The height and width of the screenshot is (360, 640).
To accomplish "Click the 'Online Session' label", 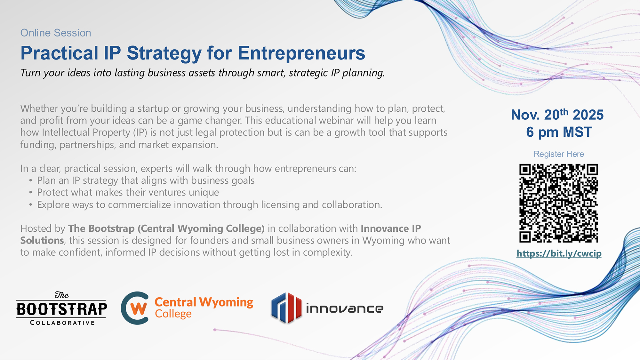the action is (x=56, y=33).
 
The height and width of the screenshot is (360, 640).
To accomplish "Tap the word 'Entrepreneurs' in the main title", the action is (x=301, y=53).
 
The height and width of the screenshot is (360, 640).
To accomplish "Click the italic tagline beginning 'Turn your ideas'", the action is (x=203, y=73).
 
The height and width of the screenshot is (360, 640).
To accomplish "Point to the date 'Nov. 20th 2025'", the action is (x=557, y=115).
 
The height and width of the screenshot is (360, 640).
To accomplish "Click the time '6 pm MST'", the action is (x=559, y=132).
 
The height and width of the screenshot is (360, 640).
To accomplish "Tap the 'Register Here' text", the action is (x=559, y=154).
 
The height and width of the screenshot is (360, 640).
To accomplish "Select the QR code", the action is (x=559, y=203).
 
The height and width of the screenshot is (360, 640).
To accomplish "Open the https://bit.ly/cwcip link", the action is (x=559, y=253).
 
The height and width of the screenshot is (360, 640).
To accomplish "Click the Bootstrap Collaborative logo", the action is (x=61, y=308).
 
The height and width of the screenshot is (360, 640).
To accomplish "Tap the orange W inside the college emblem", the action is (x=139, y=309).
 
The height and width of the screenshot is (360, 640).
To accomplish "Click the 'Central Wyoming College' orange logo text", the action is (x=204, y=308).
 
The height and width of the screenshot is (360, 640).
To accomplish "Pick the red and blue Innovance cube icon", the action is (x=286, y=308).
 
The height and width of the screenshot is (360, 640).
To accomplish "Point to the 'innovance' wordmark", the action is (x=345, y=308).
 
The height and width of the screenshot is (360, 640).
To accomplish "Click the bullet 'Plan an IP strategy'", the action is (x=146, y=180).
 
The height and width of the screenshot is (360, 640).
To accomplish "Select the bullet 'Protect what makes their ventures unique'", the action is (x=128, y=192).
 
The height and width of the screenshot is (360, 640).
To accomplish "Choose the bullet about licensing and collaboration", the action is (x=210, y=204).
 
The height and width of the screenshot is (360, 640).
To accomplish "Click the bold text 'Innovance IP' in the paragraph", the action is (x=391, y=228).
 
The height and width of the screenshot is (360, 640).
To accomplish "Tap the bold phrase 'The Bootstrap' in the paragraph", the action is (x=101, y=228).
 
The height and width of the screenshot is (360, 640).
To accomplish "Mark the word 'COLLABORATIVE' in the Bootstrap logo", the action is (x=62, y=323).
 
